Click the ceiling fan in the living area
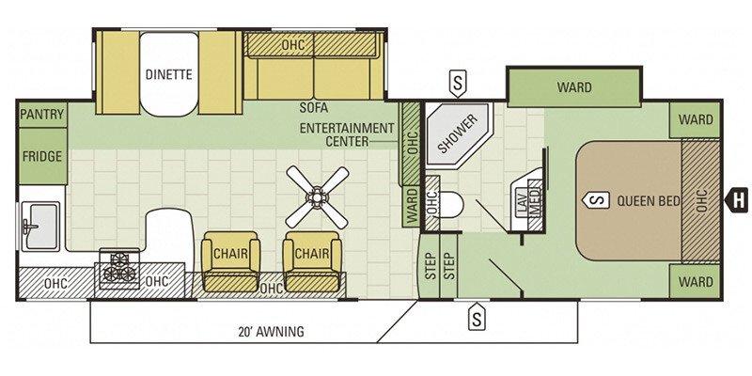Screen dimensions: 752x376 tap(317, 196)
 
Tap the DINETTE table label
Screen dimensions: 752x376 tap(169, 74)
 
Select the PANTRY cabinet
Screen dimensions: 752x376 tap(42, 115)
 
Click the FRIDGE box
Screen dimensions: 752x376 tap(42, 156)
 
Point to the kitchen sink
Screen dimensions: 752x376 tap(40, 226)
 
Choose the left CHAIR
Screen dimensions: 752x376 tap(230, 261)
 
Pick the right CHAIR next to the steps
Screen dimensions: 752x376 tap(312, 261)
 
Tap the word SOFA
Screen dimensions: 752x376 tap(314, 108)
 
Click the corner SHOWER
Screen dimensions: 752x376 tap(458, 134)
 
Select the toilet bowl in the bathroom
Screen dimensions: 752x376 tap(451, 205)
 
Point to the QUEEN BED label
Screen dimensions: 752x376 tap(649, 201)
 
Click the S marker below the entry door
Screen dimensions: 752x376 tap(477, 317)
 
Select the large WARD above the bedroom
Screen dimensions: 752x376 tap(574, 87)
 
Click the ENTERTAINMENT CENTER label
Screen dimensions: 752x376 tap(347, 134)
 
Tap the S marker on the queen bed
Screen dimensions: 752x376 tap(596, 200)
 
